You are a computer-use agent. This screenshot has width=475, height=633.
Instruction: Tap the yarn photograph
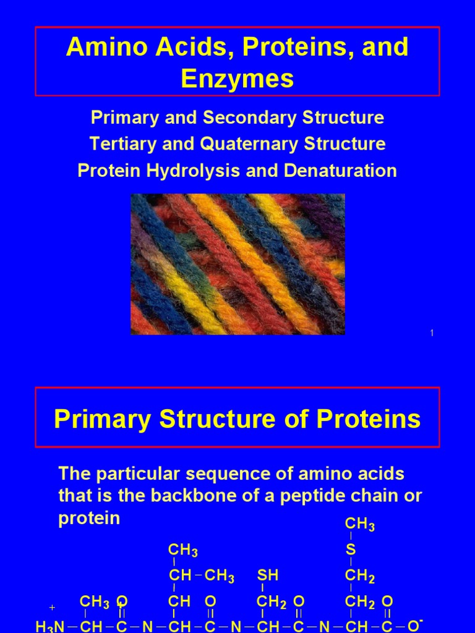pyautogui.click(x=237, y=264)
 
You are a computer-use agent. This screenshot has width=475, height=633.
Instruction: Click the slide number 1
pyautogui.click(x=432, y=334)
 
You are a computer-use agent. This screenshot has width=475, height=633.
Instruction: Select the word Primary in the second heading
pyautogui.click(x=103, y=419)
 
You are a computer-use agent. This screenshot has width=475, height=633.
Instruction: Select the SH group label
pyautogui.click(x=268, y=576)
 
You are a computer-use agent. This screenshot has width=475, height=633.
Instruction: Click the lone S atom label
pyautogui.click(x=351, y=550)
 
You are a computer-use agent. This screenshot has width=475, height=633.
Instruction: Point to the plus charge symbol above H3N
pyautogui.click(x=53, y=608)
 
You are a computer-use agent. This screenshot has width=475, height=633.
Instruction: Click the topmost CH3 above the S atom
pyautogui.click(x=359, y=525)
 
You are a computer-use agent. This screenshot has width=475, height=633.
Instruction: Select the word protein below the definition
pyautogui.click(x=89, y=518)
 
